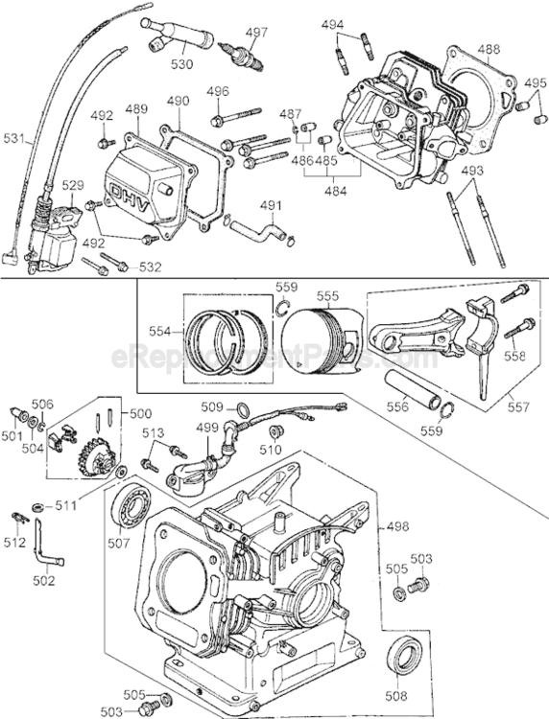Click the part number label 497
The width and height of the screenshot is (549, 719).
[x=256, y=32]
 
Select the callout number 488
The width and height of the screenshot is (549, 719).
[x=489, y=49]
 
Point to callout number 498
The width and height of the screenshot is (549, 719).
[x=396, y=526]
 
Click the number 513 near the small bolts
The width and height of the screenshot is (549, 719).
[x=153, y=433]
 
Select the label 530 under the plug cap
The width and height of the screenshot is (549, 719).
[x=181, y=64]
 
